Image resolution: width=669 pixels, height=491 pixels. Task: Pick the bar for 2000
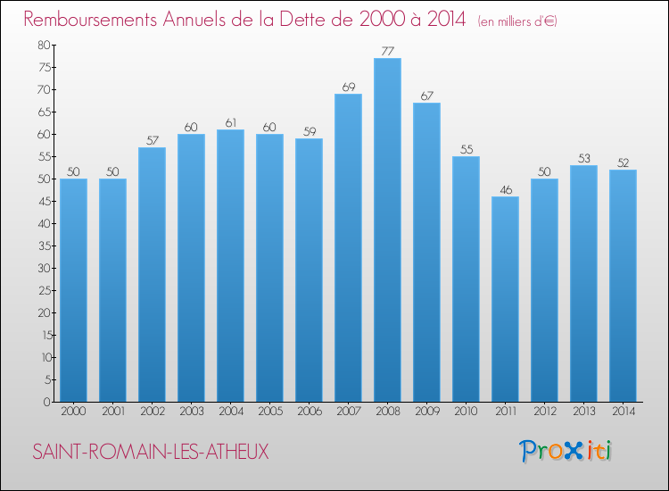coord(73,290)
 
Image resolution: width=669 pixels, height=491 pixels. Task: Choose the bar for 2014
coord(623,286)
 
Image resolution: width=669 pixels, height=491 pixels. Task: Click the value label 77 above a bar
coord(387,51)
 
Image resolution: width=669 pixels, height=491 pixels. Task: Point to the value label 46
coord(505,189)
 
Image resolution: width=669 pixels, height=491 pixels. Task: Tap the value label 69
coord(348,87)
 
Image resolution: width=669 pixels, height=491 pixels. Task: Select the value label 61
coord(230,122)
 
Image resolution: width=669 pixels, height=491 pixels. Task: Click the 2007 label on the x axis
coord(348,412)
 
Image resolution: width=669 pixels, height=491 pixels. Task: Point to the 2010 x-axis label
coord(466,412)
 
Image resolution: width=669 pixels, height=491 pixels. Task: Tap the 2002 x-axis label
coord(152,412)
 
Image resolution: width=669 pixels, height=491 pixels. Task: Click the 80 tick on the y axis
coord(44,45)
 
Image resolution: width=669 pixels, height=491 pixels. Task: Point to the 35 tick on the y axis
coord(44,245)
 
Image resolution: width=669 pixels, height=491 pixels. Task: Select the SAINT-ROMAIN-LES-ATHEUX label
coord(150,453)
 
